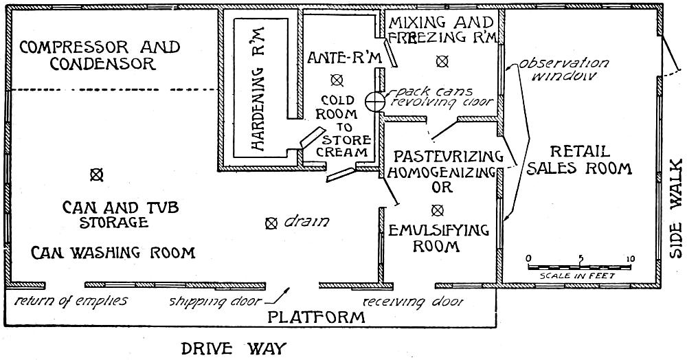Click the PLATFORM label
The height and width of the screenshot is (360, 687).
[x=316, y=317]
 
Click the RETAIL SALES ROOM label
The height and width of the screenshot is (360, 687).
[x=578, y=159]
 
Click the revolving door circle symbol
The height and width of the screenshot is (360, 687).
[x=374, y=102]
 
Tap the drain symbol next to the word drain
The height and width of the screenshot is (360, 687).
[x=271, y=223]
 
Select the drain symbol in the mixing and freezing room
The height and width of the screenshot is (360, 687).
[x=442, y=61]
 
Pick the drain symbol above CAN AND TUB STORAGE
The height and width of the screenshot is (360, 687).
[x=96, y=175]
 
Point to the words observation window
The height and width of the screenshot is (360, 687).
[x=557, y=69]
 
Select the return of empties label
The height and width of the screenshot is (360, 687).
[x=71, y=301]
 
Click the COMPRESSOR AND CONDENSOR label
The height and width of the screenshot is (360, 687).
[x=100, y=56]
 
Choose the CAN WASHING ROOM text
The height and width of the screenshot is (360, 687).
[x=113, y=252]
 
